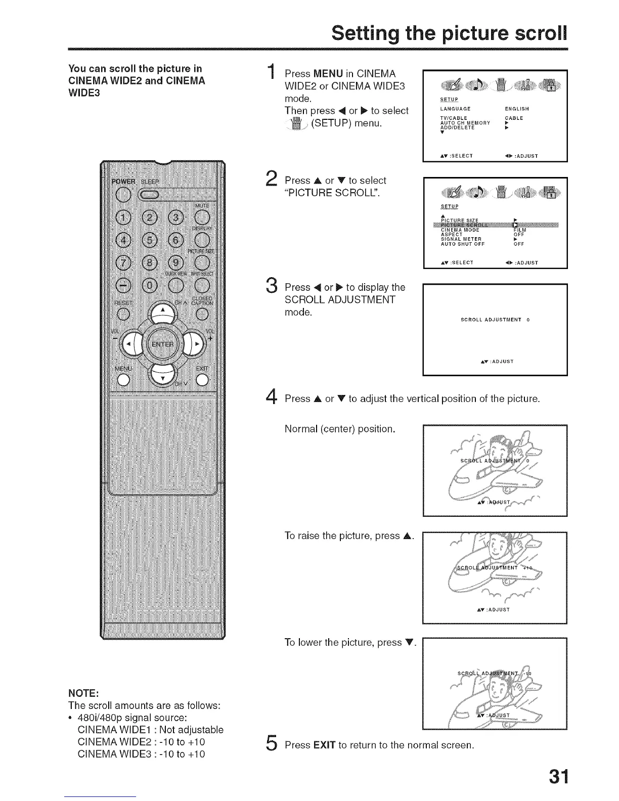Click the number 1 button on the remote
(x=123, y=217)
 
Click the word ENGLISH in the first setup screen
(x=517, y=109)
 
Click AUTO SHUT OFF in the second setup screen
(x=463, y=244)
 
